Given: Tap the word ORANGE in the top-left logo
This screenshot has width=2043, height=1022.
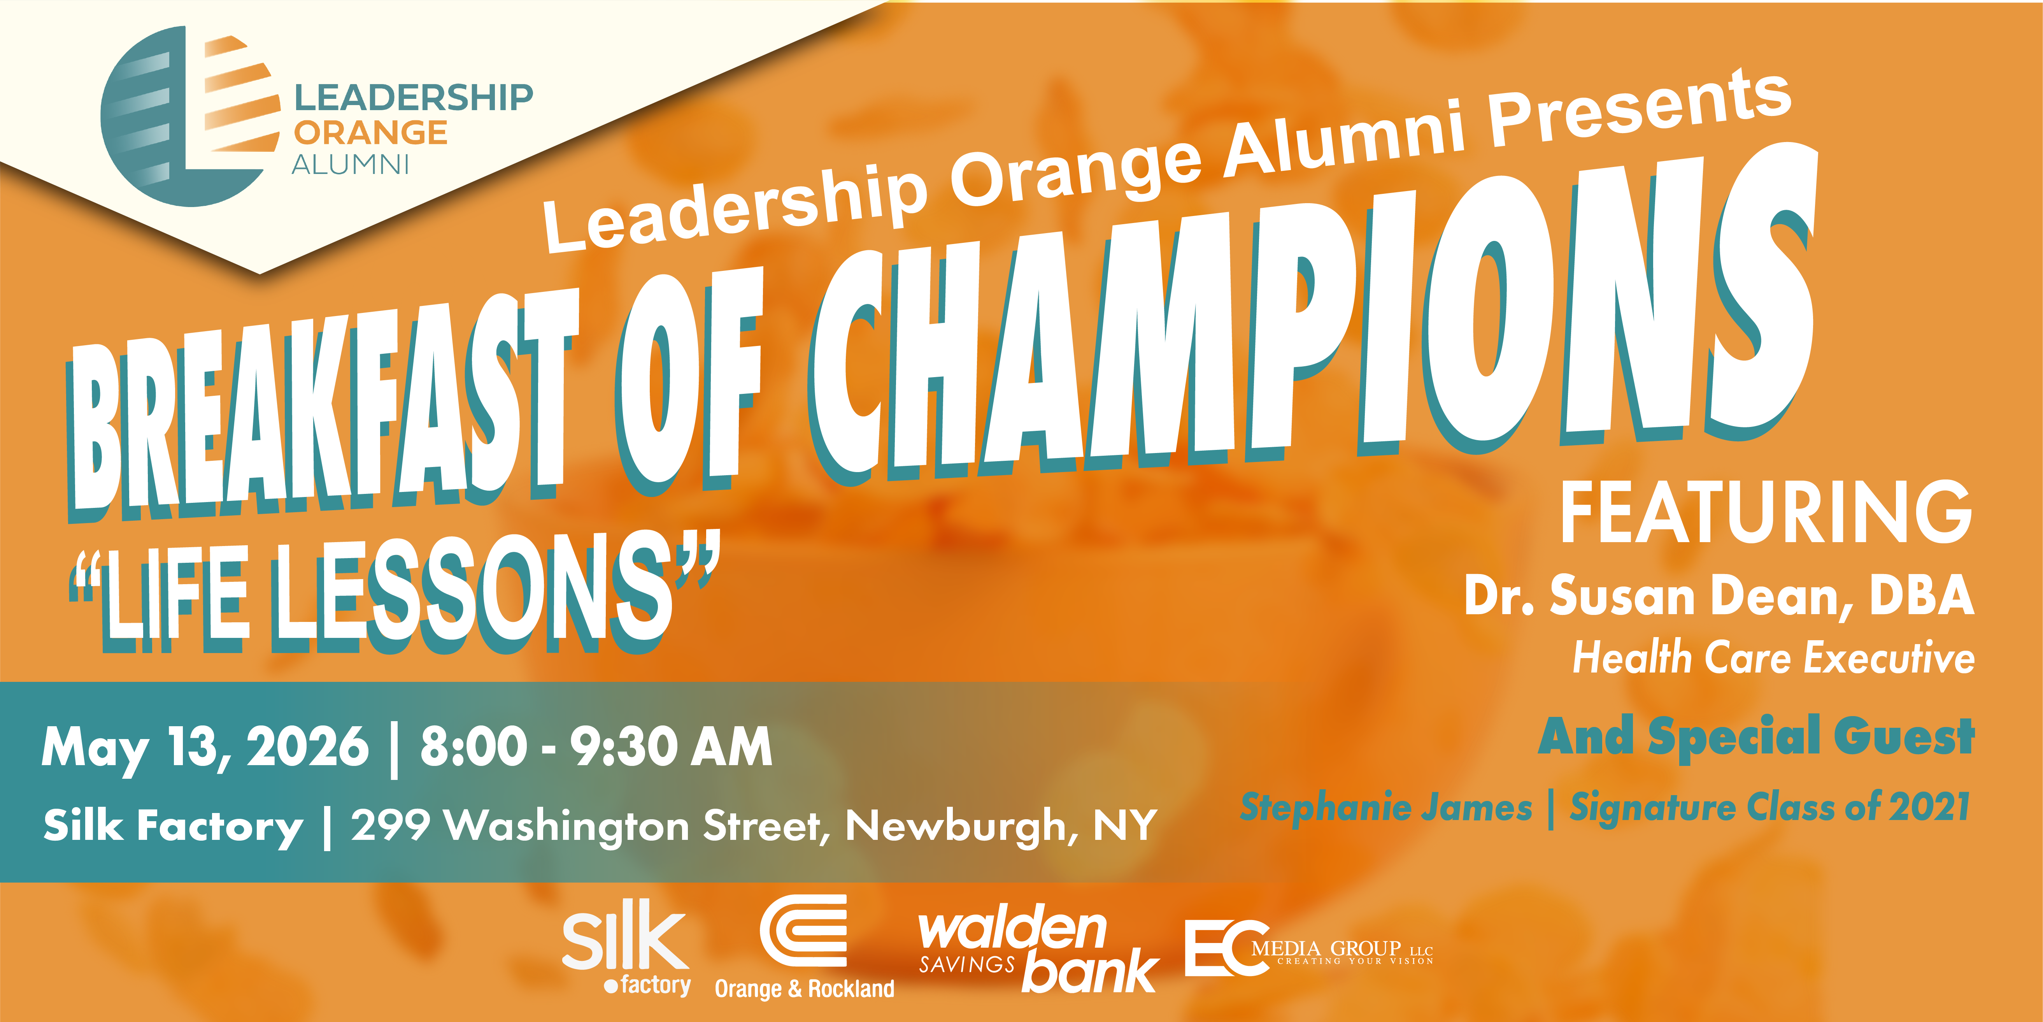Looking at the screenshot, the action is (x=370, y=132).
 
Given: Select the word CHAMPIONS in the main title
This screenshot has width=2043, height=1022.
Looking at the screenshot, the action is (x=1313, y=318).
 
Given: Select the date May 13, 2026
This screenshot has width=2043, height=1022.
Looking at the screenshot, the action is (x=205, y=748).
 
